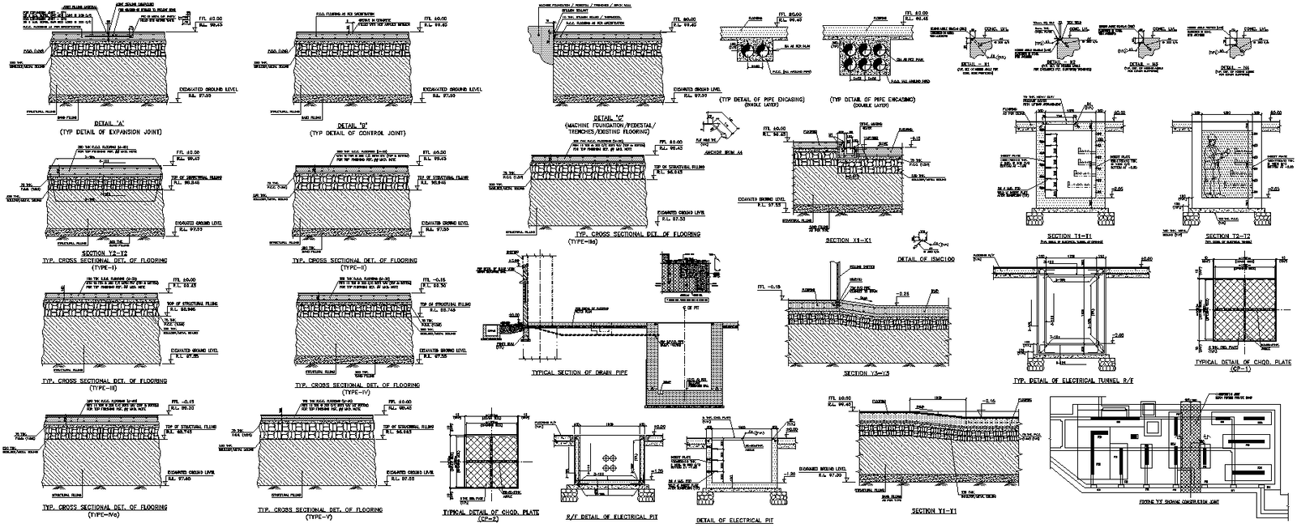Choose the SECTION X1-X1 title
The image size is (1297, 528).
click(x=847, y=241)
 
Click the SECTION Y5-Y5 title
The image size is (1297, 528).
click(x=867, y=373)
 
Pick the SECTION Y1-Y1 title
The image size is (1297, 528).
click(x=935, y=511)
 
